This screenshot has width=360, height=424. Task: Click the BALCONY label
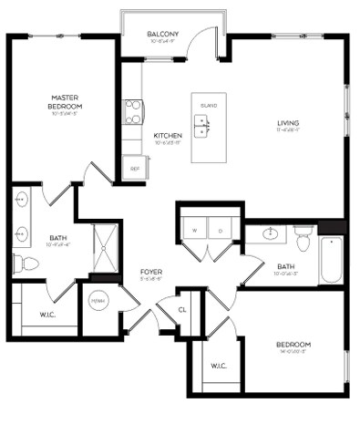(163, 35)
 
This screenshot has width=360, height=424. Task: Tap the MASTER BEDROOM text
(62, 101)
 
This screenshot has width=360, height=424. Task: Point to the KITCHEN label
(169, 135)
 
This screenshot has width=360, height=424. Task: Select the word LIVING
(289, 123)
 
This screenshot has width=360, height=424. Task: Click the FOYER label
(150, 272)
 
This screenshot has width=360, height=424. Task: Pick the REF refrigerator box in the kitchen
(135, 168)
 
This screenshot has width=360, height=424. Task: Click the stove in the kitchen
(134, 111)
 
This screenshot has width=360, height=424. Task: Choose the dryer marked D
(220, 232)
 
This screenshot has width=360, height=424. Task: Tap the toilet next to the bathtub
(303, 240)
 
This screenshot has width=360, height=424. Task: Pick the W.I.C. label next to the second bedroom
(218, 367)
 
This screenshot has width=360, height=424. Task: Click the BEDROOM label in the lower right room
(293, 344)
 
